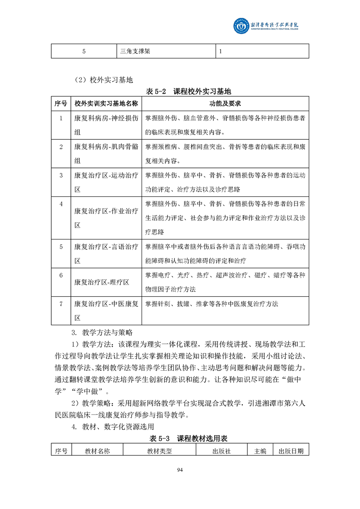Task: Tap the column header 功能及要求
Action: tap(225, 104)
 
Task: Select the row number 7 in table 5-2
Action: tap(61, 303)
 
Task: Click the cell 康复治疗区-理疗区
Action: tap(102, 282)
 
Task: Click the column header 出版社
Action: tap(222, 451)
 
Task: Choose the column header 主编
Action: tap(260, 451)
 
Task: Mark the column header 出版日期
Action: tap(291, 451)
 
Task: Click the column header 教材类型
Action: tap(159, 451)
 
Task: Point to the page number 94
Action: tap(180, 470)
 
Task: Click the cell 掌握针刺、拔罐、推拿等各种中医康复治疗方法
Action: tap(212, 303)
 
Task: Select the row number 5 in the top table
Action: tap(84, 51)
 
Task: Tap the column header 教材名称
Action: tap(97, 451)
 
